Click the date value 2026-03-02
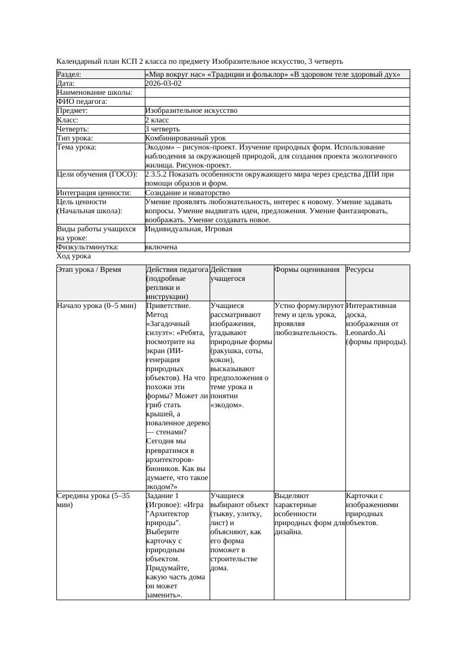(163, 83)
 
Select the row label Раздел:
(69, 74)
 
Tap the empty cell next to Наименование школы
(277, 93)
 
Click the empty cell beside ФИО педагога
(277, 102)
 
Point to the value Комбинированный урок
(185, 138)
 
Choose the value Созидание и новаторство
(187, 193)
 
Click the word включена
(161, 247)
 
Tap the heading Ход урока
(74, 256)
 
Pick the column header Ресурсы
(360, 270)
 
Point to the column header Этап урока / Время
(89, 270)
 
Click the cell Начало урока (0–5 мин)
(96, 306)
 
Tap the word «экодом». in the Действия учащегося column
(227, 405)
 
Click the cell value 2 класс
(157, 120)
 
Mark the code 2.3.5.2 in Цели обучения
(158, 174)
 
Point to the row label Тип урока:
(75, 138)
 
